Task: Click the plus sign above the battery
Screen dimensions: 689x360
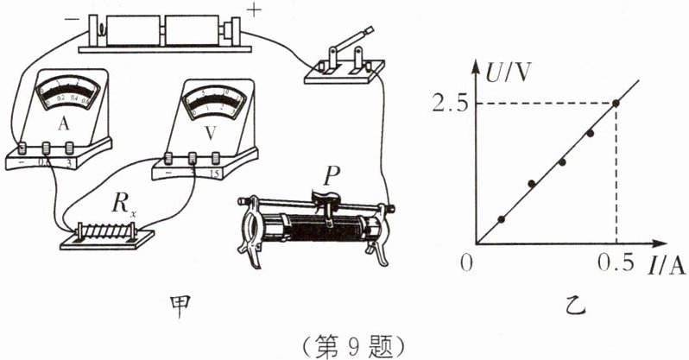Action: coord(255,10)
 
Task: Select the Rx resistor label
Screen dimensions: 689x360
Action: coord(121,205)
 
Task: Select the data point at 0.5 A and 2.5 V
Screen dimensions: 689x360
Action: coord(616,104)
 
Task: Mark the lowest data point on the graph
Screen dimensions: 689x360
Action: coord(502,218)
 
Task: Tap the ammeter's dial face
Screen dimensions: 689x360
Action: coord(63,97)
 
